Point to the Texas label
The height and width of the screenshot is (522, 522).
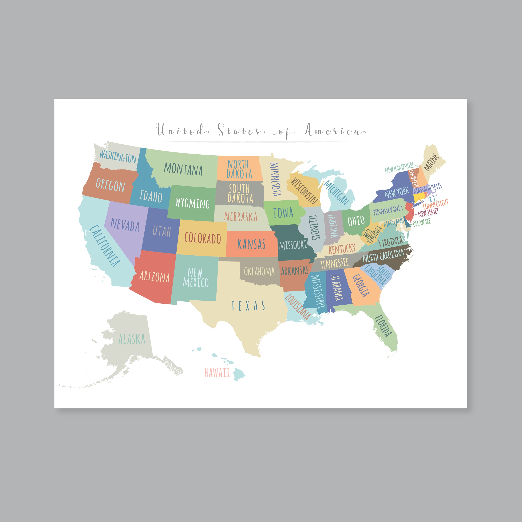coord(248,306)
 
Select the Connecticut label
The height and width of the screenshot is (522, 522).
coord(436,204)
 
